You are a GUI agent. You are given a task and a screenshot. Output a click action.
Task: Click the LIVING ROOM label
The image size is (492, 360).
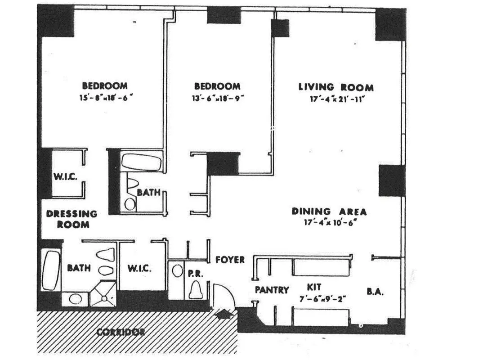(x=335, y=87)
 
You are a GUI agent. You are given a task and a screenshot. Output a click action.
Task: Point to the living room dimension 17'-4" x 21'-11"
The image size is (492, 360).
(x=335, y=99)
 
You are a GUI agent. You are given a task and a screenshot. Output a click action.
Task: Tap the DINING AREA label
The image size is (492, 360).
(x=329, y=211)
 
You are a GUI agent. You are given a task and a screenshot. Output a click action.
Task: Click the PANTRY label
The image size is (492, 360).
(x=272, y=290)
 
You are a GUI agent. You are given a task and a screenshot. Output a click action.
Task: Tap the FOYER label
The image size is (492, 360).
(x=230, y=260)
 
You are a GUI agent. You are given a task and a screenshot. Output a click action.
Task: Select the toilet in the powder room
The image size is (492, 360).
(x=196, y=289)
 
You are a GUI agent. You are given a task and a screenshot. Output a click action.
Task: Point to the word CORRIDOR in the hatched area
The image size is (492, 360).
(x=121, y=333)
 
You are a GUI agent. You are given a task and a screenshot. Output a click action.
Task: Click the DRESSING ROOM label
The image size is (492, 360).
(x=72, y=219)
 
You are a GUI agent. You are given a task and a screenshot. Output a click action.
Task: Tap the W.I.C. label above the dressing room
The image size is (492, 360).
(x=65, y=176)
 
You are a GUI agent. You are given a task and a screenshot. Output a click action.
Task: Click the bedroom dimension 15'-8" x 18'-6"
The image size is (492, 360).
(x=104, y=97)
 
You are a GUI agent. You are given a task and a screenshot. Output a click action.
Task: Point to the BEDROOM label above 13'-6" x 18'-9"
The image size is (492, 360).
(x=217, y=86)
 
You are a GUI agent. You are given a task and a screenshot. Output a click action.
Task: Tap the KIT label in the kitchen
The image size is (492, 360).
(x=314, y=287)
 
